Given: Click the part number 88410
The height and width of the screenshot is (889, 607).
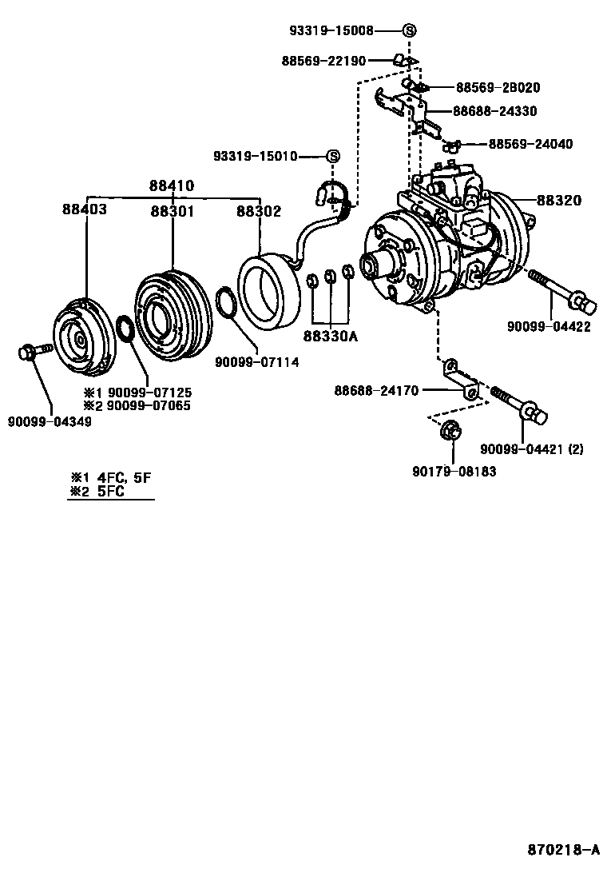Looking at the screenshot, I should point(172,185).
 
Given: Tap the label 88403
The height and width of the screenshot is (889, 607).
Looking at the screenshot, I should point(85,209).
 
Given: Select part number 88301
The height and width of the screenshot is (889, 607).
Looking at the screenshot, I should point(173,210).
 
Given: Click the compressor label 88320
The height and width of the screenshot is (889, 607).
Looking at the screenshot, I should point(559,201).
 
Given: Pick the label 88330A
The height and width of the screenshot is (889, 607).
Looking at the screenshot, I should point(330,337).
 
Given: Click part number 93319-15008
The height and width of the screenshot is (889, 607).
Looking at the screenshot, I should point(331,30).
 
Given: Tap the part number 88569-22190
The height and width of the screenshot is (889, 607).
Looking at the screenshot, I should point(323,61).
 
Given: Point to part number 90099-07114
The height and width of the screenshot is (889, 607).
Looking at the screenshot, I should point(257,362).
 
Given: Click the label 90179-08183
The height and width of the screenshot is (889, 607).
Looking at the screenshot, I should point(454,472).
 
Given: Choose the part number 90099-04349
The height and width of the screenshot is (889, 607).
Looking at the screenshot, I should point(50,421).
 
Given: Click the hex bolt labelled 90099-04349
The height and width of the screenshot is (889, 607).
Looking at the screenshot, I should point(32,351).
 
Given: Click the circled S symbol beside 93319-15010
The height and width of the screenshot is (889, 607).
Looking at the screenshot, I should point(332,157).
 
